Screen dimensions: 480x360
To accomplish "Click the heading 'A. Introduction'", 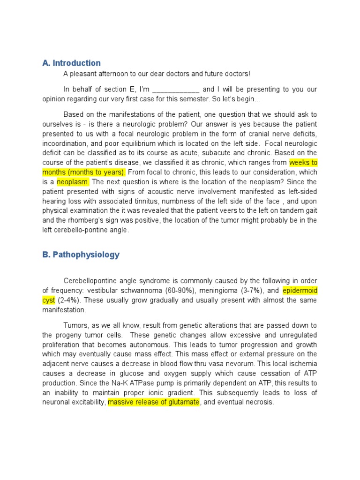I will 71,63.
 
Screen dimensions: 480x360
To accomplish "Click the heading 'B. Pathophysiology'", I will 81,255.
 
